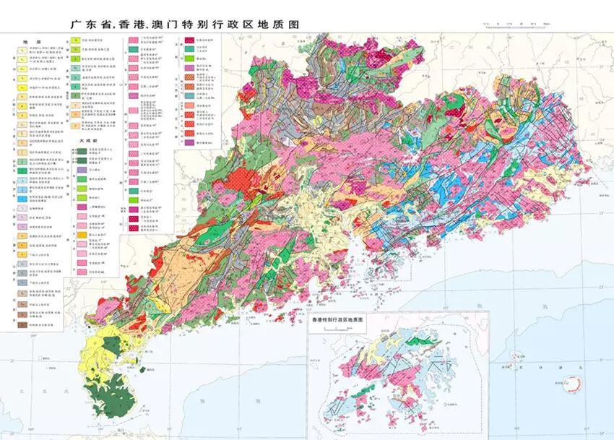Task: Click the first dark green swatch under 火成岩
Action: coord(83,151)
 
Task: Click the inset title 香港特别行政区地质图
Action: coord(340,319)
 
